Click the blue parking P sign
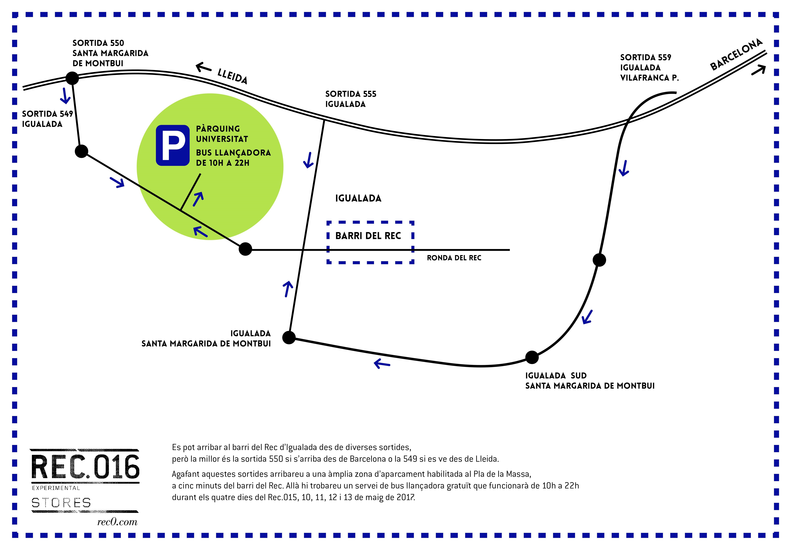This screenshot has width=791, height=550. tap(173, 145)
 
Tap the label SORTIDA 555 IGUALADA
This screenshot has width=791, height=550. tap(351, 99)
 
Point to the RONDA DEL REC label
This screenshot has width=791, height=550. tap(454, 258)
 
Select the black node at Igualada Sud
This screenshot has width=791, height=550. tap(532, 357)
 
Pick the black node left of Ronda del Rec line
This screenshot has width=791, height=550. tap(245, 249)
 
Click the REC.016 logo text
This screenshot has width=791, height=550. tap(85, 467)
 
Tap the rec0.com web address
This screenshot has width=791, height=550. tap(117, 522)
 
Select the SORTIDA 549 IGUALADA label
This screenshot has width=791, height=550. tap(48, 119)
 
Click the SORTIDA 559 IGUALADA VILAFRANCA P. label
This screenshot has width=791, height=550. tap(649, 68)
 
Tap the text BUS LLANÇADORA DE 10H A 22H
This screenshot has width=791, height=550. tap(233, 158)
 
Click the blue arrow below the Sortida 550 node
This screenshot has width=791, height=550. tap(65, 96)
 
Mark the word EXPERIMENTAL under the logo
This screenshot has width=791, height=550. tap(56, 488)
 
